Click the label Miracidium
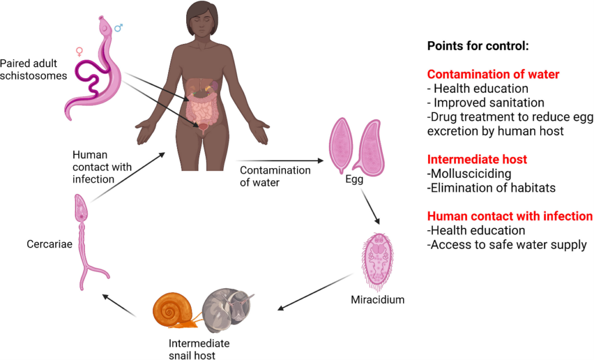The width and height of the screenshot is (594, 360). point(378,300)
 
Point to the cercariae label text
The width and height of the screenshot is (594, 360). point(49,244)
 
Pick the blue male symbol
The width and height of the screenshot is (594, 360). point(118,27)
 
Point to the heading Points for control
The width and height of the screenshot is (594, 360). point(478,46)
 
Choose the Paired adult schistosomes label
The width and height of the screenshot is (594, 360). point(34,69)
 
